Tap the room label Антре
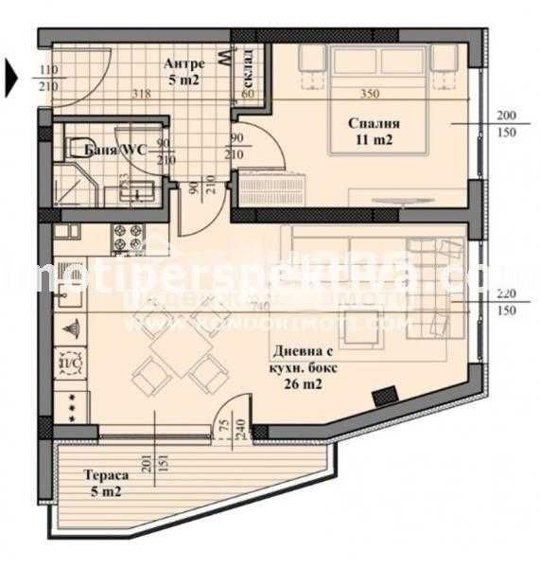(183, 63)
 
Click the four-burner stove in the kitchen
(127, 236)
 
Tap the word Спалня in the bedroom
(373, 123)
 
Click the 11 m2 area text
(373, 140)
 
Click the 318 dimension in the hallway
(141, 94)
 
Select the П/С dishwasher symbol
(69, 360)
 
